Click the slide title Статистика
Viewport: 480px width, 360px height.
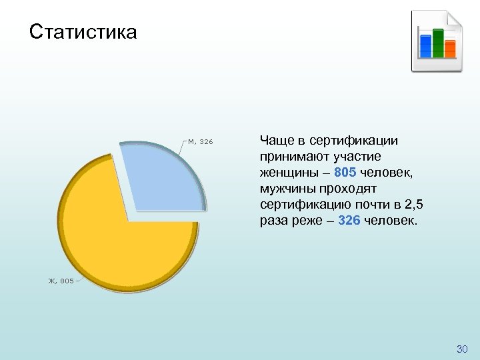[83, 31]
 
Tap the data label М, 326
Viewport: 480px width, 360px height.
[201, 142]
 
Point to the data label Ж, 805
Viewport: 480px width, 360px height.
[61, 281]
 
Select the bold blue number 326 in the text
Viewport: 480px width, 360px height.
[350, 220]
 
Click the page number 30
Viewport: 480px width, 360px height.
[462, 349]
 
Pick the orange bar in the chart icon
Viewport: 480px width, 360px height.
[450, 48]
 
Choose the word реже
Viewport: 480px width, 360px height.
[307, 220]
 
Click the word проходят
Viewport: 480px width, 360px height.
[349, 188]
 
